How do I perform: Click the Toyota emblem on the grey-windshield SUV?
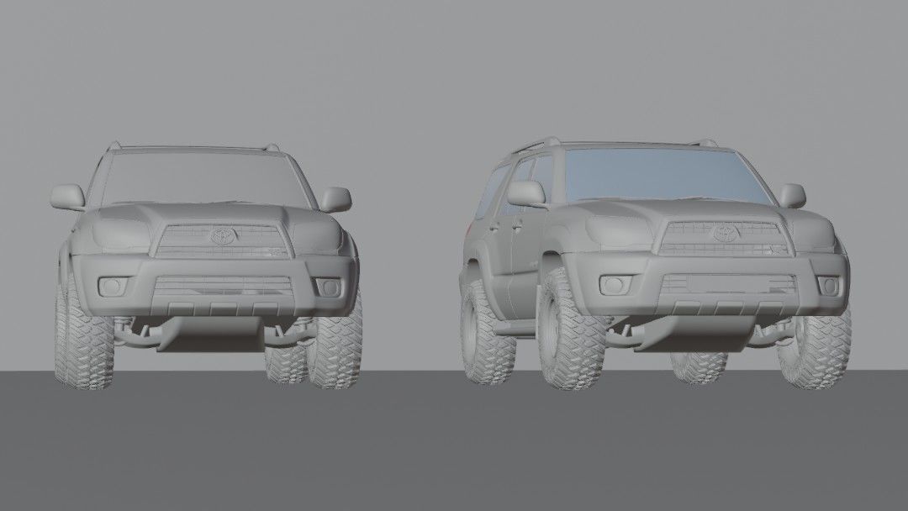[x=223, y=236]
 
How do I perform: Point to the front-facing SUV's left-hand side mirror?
[x=67, y=197]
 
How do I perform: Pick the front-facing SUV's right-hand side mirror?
[x=335, y=198]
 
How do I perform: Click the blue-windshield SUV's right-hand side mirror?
[x=792, y=196]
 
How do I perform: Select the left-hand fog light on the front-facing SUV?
[x=111, y=287]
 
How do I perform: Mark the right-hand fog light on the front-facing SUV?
[x=326, y=287]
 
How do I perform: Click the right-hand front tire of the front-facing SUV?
[x=336, y=345]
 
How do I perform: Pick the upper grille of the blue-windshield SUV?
[x=723, y=240]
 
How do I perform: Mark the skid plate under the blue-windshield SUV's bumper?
[x=706, y=332]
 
